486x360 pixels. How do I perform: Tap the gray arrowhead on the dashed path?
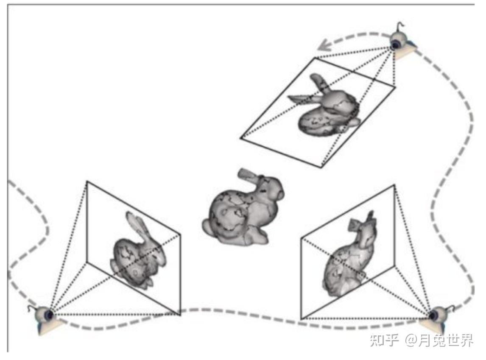324,45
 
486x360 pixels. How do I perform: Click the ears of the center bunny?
249,175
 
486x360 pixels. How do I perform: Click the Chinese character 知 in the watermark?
377,340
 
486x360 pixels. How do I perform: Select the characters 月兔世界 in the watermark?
446,340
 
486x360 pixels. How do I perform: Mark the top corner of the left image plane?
87,181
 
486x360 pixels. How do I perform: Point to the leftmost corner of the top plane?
240,138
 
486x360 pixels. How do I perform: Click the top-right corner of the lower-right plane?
394,185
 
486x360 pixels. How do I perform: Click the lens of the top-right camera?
396,45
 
